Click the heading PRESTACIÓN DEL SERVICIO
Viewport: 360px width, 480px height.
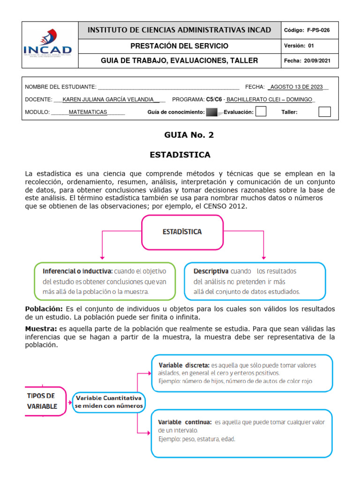[180, 45]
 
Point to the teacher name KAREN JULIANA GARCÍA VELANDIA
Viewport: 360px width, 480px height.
[108, 99]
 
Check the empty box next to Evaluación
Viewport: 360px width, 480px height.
[261, 112]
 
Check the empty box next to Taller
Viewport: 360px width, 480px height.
[324, 112]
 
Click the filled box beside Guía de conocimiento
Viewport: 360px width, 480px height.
[212, 112]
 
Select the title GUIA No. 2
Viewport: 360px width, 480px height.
[182, 135]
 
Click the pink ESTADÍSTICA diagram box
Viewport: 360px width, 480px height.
[182, 232]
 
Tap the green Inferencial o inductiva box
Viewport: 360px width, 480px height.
[105, 281]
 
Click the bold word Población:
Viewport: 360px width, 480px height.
[44, 308]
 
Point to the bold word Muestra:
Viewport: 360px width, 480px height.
[41, 329]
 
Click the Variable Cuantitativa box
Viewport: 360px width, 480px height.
[109, 401]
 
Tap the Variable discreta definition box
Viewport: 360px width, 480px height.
[242, 373]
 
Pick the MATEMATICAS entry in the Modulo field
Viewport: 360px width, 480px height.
[88, 112]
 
